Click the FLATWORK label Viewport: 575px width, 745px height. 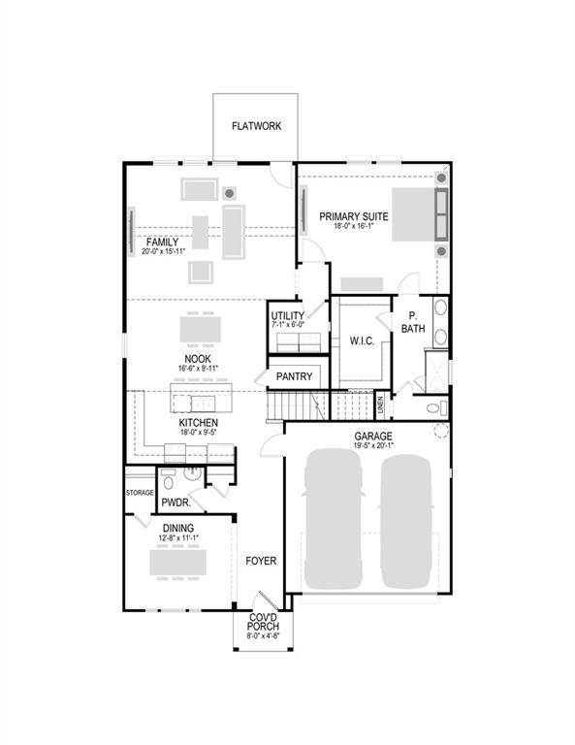[x=256, y=126]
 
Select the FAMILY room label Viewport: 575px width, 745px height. [x=162, y=242]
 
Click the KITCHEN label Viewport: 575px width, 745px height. [x=198, y=423]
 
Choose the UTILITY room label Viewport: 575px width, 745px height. [x=288, y=316]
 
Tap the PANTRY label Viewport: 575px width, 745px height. [x=294, y=376]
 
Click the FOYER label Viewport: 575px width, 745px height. [x=260, y=561]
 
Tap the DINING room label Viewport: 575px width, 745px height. [x=177, y=528]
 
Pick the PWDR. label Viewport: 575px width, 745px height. [x=175, y=502]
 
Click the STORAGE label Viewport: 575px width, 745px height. [x=140, y=492]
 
